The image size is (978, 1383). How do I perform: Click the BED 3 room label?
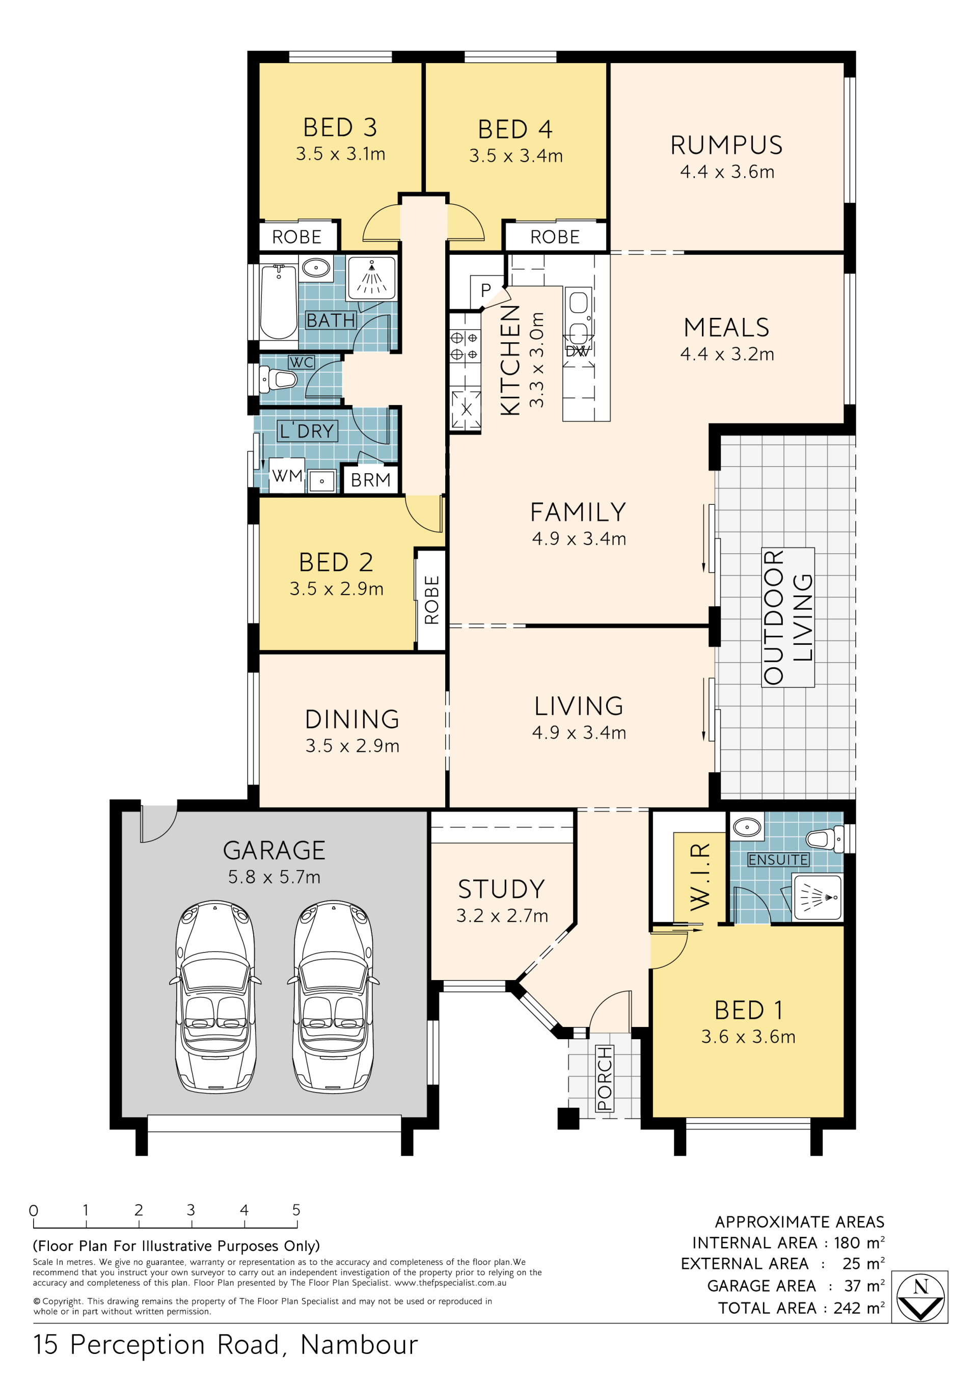[x=340, y=128]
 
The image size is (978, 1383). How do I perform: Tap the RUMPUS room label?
[x=726, y=145]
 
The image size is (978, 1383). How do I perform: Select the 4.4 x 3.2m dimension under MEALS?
[x=727, y=354]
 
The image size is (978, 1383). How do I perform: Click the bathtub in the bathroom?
[x=278, y=302]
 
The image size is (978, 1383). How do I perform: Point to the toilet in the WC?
[x=278, y=379]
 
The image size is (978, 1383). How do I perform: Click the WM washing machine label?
[x=287, y=476]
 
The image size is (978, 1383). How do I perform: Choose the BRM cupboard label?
[x=370, y=480]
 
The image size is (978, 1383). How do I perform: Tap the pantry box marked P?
[x=485, y=291]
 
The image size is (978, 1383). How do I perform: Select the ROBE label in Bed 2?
[x=432, y=600]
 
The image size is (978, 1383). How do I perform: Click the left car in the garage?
[x=215, y=997]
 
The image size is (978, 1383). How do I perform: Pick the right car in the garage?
[x=333, y=997]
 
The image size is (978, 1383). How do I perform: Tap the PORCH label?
[x=604, y=1078]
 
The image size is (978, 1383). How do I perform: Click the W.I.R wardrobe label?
[x=700, y=877]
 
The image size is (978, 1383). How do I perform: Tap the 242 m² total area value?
[x=859, y=1308]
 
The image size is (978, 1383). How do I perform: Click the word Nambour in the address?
[x=359, y=1345]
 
